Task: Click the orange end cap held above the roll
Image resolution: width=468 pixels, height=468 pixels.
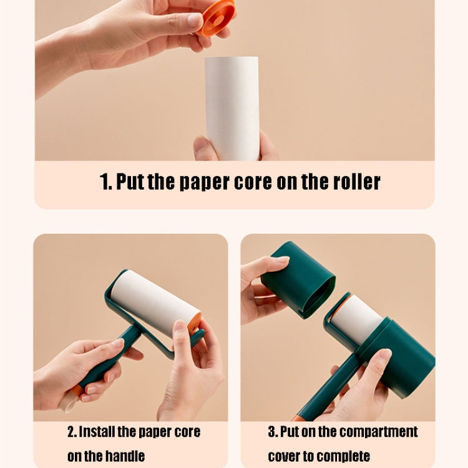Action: [217, 17]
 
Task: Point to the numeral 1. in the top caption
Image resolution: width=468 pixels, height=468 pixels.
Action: [105, 182]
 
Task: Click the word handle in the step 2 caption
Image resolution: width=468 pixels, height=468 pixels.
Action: [124, 456]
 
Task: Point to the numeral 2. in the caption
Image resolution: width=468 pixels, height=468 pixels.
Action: [72, 432]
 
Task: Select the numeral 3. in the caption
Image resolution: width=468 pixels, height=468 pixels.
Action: [273, 432]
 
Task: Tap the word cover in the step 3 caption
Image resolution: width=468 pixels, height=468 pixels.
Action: [285, 456]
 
